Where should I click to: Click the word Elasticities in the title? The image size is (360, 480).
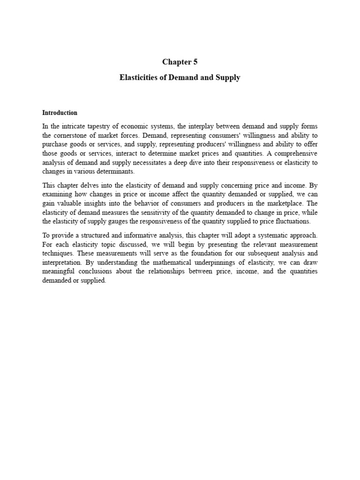[139, 78]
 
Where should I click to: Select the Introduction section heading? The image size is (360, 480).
[60, 113]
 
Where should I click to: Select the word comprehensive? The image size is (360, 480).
[296, 154]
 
